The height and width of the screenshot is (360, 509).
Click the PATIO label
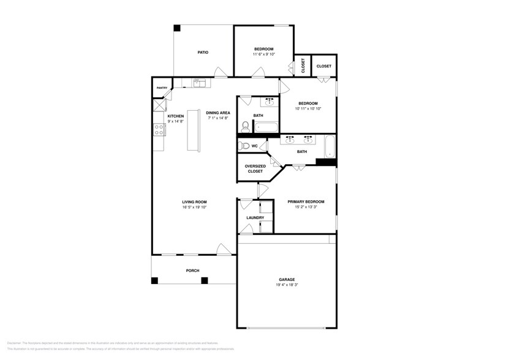[203, 53]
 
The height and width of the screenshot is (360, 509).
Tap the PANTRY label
[162, 88]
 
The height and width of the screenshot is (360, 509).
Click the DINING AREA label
[217, 113]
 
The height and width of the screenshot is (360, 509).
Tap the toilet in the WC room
[244, 146]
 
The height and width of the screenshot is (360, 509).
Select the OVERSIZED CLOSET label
[255, 168]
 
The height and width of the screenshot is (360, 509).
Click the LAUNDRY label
[255, 218]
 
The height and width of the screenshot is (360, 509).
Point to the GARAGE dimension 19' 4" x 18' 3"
[287, 285]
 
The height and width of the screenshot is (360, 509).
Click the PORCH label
[193, 271]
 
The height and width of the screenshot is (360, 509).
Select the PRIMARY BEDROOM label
[306, 201]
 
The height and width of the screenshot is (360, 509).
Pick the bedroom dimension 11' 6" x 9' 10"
[264, 54]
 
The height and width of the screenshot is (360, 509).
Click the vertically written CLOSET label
[303, 65]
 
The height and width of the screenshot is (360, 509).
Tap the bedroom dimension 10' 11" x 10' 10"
[308, 108]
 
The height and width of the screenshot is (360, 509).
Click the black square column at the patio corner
[177, 28]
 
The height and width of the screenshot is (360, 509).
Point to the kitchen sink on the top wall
[201, 82]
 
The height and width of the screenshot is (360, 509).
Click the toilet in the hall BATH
[246, 126]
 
